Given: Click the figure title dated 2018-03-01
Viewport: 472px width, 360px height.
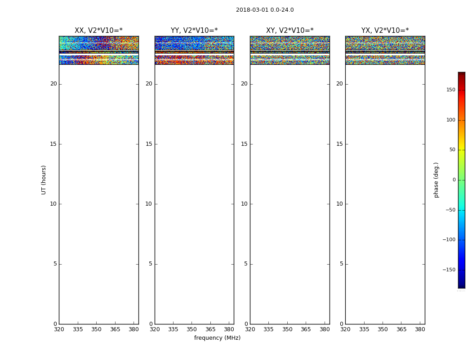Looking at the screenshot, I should pyautogui.click(x=265, y=10).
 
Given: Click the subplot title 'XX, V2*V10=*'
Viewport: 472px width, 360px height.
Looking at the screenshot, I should pyautogui.click(x=98, y=31).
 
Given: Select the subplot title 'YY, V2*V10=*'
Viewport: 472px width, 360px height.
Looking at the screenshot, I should pyautogui.click(x=194, y=31).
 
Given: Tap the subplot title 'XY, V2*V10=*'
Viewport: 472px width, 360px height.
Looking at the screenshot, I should pyautogui.click(x=289, y=31).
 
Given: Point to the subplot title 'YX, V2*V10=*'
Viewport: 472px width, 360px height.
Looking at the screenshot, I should pyautogui.click(x=385, y=31).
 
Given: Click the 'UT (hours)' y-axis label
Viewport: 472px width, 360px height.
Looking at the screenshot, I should pyautogui.click(x=44, y=180).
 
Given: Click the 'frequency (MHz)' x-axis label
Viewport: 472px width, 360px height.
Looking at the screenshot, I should pyautogui.click(x=217, y=338).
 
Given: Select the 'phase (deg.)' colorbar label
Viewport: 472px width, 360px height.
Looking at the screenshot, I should pyautogui.click(x=436, y=180).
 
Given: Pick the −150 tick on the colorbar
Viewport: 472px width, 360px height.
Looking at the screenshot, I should pyautogui.click(x=449, y=270).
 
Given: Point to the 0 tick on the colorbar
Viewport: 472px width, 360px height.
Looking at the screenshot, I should pyautogui.click(x=454, y=180).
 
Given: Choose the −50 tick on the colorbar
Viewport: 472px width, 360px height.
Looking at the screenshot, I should pyautogui.click(x=450, y=210).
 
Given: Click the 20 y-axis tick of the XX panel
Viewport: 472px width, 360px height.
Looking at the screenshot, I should pyautogui.click(x=53, y=84).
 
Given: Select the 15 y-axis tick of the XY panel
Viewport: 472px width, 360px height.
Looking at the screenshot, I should pyautogui.click(x=244, y=144).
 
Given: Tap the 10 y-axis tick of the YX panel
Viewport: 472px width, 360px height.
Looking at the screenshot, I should pyautogui.click(x=339, y=204).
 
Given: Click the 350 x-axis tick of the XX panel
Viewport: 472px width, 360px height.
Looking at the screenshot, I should pyautogui.click(x=96, y=329).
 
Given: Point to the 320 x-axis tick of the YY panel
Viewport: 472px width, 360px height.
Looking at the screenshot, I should pyautogui.click(x=155, y=329).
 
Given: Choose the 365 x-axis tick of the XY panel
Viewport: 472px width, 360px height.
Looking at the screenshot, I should pyautogui.click(x=306, y=329).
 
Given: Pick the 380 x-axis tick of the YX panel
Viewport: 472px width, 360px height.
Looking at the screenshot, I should pyautogui.click(x=420, y=329).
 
